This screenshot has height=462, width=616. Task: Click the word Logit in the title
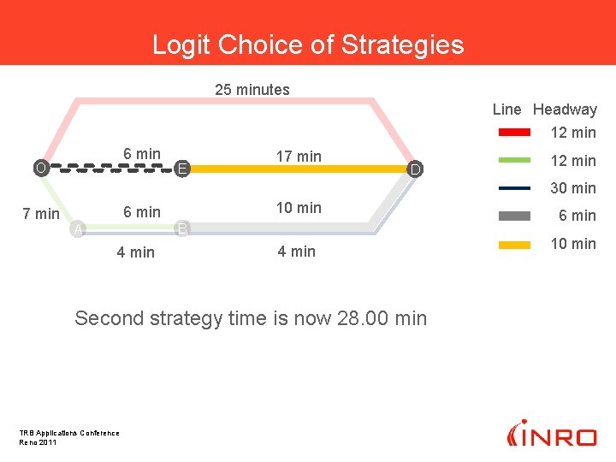181,44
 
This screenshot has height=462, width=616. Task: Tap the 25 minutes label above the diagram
252,90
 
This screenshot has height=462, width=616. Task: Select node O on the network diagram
40,168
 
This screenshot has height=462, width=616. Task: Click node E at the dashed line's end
182,169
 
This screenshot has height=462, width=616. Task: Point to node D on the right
414,170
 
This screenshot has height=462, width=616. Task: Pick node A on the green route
78,228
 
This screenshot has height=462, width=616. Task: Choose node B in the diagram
182,228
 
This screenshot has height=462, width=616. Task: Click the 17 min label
299,157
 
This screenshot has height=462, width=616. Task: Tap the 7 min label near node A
40,213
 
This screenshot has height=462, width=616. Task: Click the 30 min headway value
572,188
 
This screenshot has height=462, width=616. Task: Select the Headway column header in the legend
565,110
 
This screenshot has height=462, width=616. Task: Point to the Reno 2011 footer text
38,441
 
